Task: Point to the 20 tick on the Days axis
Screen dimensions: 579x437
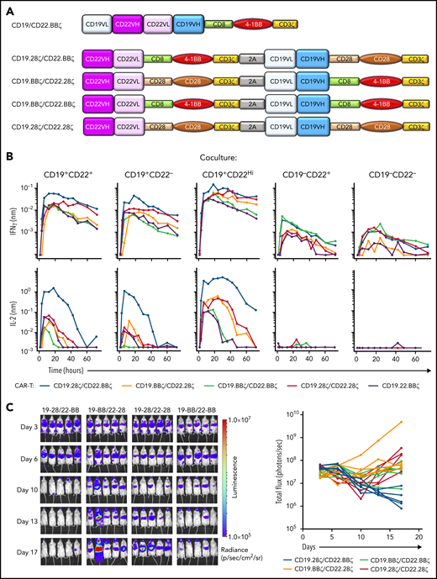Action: coord(419,536)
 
